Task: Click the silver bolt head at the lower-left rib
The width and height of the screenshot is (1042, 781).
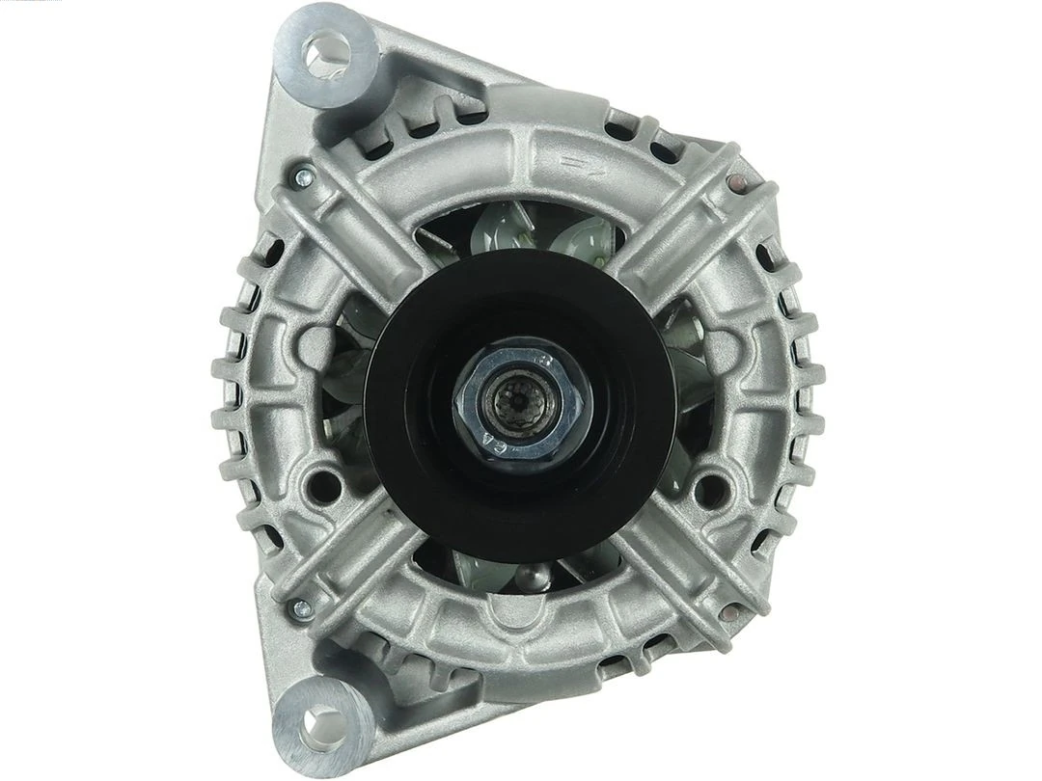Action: pyautogui.click(x=301, y=607)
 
